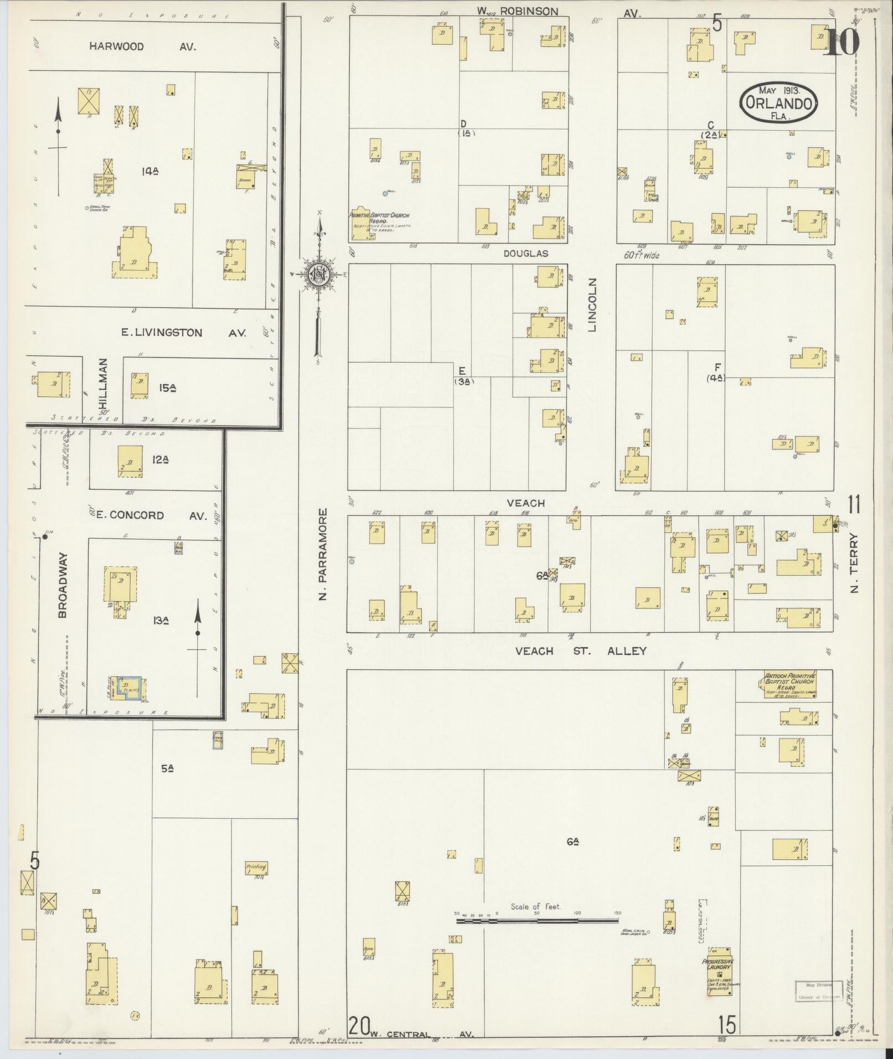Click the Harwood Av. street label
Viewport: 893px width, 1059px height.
(142, 47)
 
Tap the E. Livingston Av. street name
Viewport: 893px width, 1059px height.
(184, 333)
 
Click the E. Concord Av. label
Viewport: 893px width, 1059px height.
(151, 515)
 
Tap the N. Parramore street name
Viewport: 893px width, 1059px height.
(324, 554)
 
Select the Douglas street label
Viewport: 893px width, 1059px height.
(525, 254)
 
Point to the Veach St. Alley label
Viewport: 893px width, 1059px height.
(581, 651)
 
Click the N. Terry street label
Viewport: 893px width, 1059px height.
(854, 563)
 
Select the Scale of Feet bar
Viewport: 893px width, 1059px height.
(536, 921)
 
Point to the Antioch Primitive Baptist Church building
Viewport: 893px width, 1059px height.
(790, 684)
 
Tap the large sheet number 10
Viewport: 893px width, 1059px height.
(843, 42)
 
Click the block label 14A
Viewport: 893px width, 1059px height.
(149, 172)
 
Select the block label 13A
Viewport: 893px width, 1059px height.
(161, 621)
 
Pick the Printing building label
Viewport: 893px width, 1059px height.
(256, 867)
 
